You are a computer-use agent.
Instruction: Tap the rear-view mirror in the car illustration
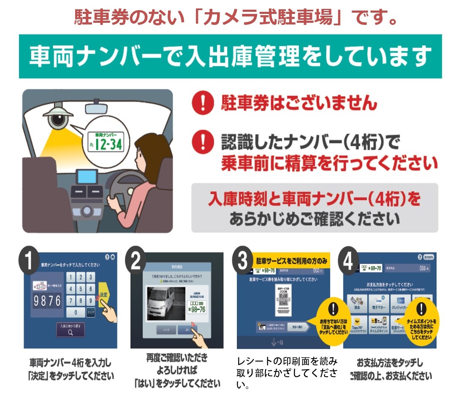(x=101, y=108)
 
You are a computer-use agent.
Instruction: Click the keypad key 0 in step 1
(x=76, y=313)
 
